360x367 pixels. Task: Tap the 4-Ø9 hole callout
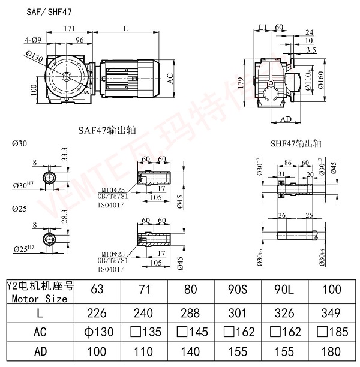click(x=34, y=40)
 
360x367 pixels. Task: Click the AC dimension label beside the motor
click(x=171, y=79)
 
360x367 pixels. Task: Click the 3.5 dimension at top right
click(x=311, y=50)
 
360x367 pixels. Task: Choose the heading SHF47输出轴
click(x=296, y=144)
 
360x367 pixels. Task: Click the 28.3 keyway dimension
click(x=64, y=223)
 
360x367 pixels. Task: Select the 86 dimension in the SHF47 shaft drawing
click(x=287, y=163)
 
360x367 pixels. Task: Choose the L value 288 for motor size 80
click(x=190, y=312)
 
